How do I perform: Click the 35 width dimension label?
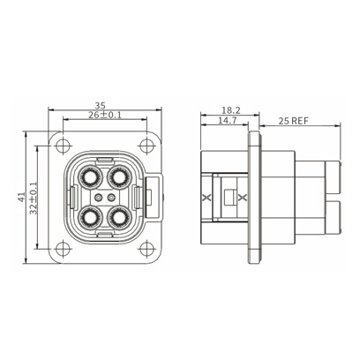[x=100, y=105]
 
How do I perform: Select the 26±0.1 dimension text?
[x=105, y=115]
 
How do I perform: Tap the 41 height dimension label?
[x=21, y=197]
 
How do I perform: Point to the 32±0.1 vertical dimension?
[x=34, y=198]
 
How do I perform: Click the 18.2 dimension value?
[x=231, y=110]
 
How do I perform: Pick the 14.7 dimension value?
[x=227, y=120]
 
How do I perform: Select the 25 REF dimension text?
[x=294, y=121]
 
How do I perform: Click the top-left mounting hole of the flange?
[x=63, y=146]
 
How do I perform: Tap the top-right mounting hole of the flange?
[x=146, y=146]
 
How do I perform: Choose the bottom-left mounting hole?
[x=63, y=249]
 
